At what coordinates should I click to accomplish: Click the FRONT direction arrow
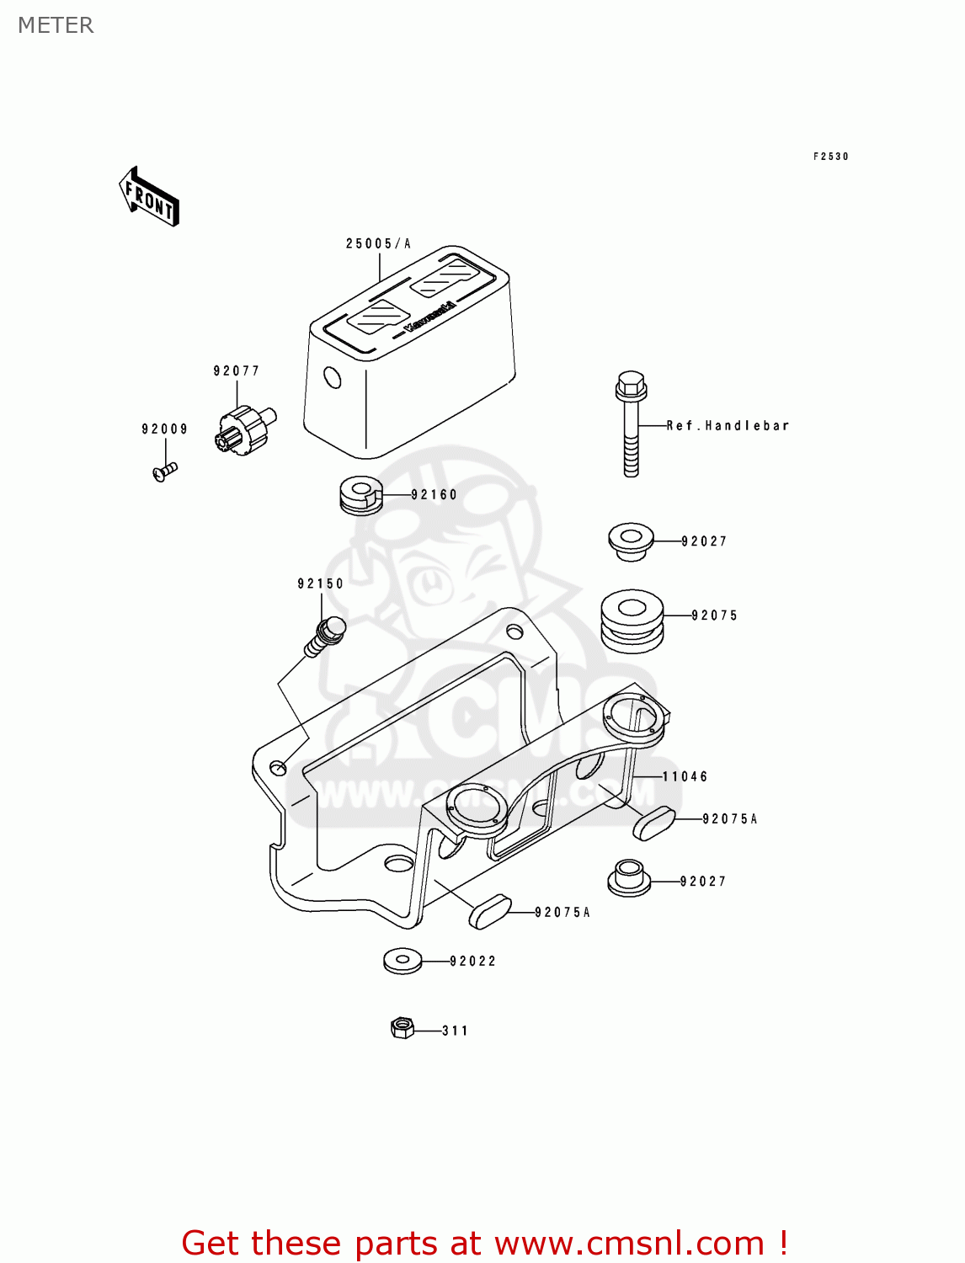pos(149,196)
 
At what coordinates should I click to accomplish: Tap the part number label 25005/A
pos(378,244)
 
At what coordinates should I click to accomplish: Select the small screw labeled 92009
pos(164,472)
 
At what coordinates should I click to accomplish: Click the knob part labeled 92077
pos(245,429)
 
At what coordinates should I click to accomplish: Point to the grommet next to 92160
pos(360,495)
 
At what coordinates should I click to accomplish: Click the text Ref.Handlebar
pos(728,426)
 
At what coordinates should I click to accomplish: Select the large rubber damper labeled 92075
pos(632,621)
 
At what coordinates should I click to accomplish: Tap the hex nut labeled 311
pos(403,1028)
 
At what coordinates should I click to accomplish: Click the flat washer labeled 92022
pos(403,960)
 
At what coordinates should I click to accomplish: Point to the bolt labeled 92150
pos(326,637)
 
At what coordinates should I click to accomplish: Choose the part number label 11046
pos(685,777)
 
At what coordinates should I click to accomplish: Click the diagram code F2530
pos(830,157)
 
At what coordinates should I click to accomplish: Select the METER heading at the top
pos(56,25)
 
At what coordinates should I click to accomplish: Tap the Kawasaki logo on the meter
pos(429,317)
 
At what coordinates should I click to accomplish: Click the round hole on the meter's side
pos(333,377)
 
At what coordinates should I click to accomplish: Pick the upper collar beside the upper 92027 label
pos(631,540)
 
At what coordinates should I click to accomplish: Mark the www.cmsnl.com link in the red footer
pos(628,1244)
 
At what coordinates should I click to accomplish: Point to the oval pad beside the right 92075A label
pos(654,823)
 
